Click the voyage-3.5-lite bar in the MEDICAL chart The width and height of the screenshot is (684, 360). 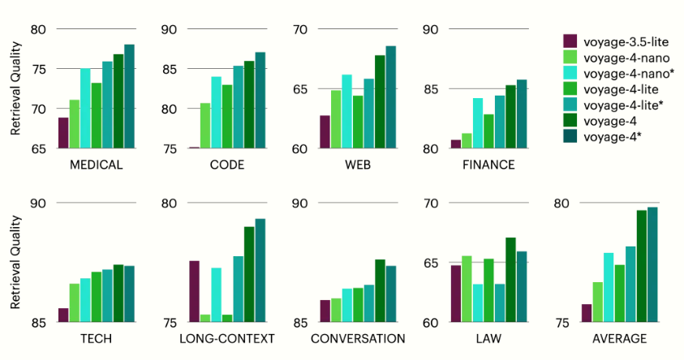[x=63, y=133]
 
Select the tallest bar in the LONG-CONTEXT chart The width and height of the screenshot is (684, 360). [x=260, y=270]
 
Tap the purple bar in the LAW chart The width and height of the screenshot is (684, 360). [x=456, y=294]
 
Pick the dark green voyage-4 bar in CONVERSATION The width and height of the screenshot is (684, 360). [x=380, y=291]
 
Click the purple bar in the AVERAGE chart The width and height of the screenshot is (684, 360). [x=587, y=313]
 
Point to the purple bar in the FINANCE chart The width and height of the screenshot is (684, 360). [x=456, y=144]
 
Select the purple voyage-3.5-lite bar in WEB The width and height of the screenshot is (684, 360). [x=325, y=132]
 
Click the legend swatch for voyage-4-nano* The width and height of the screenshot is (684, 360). [x=570, y=73]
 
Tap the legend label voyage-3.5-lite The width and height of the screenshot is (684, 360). [x=626, y=42]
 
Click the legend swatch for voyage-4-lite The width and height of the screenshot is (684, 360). [x=570, y=88]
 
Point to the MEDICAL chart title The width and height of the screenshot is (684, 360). [x=97, y=165]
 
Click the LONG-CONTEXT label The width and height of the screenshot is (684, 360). [x=227, y=339]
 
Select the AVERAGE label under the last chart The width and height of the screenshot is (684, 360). [x=619, y=339]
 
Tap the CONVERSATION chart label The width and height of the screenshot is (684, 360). [x=358, y=339]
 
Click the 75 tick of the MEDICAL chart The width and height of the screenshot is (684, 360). [x=38, y=69]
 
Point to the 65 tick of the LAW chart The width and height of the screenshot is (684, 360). [x=431, y=264]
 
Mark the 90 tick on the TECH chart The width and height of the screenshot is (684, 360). [x=38, y=204]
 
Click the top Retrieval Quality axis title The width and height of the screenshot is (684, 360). [x=15, y=88]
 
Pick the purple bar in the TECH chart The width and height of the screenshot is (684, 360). [x=63, y=315]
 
